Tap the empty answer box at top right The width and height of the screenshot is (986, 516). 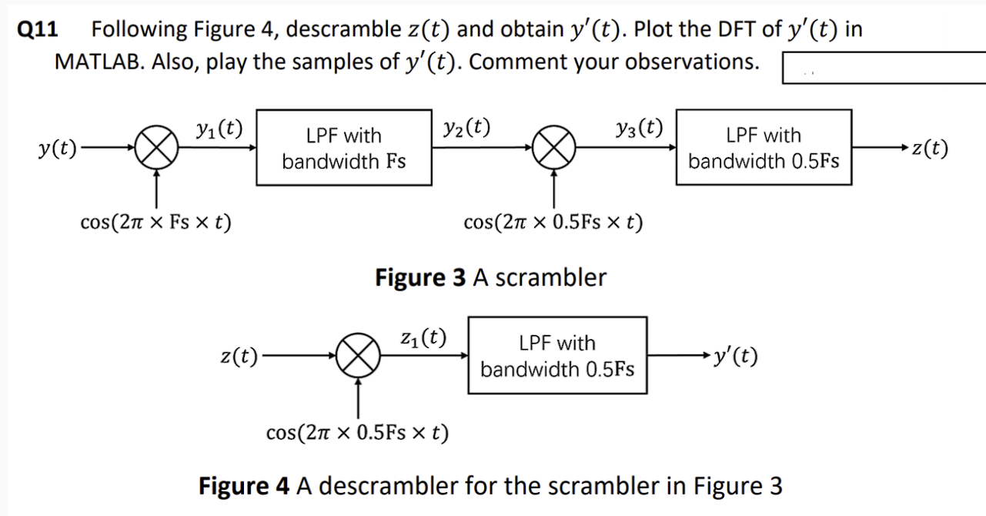pos(883,68)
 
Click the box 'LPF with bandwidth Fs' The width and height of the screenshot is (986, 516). pos(343,148)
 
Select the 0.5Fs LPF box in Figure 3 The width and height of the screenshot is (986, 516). pos(764,148)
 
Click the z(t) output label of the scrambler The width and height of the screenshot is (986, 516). pos(928,148)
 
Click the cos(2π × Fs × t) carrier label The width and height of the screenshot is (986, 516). pos(156,223)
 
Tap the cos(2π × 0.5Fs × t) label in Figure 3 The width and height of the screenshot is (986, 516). pos(553,223)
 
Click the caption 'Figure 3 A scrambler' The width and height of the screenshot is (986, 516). pos(490,277)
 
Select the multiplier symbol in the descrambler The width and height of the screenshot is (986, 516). pos(358,356)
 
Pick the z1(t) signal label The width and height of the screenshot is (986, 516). pos(423,337)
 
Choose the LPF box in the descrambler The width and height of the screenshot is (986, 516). pos(557,356)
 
